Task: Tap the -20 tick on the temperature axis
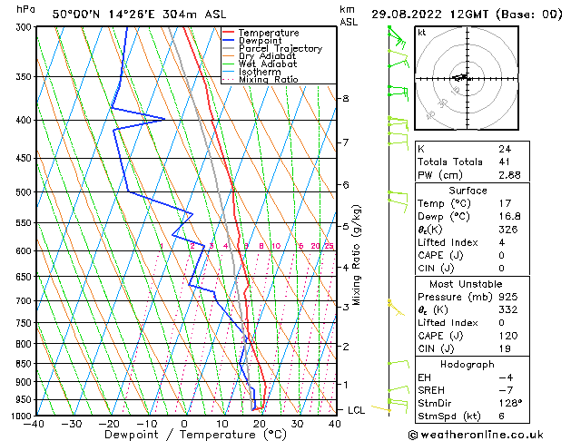tap(108, 423)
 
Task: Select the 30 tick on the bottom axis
tap(297, 423)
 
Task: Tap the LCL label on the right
tap(357, 410)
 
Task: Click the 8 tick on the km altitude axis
tap(345, 98)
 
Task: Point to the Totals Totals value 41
tap(504, 161)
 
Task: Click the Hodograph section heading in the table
tap(468, 363)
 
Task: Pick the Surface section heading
tap(468, 191)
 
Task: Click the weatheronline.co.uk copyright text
tap(487, 433)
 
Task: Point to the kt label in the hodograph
tap(422, 32)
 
